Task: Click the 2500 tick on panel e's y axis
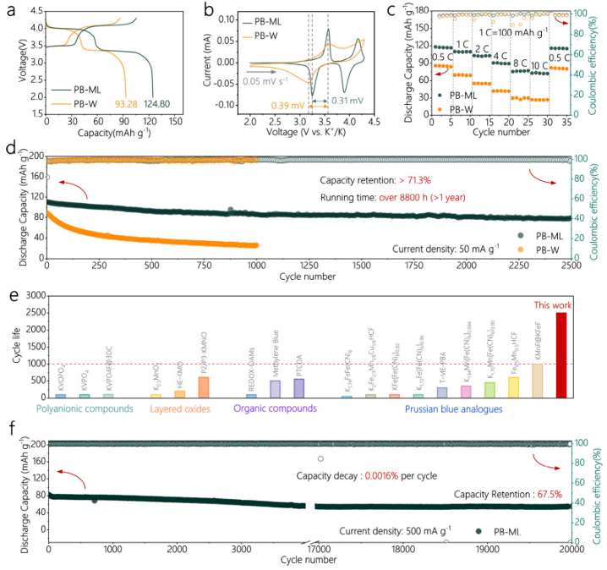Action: (36, 312)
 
